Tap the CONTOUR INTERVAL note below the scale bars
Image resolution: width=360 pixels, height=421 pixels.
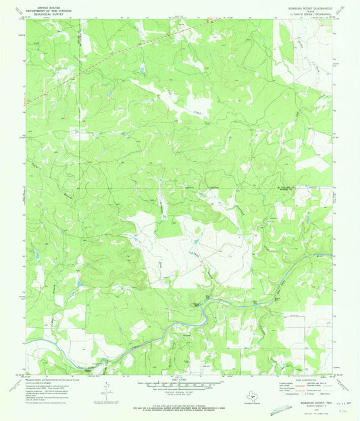180,388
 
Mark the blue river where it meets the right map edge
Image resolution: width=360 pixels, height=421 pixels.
331,256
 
